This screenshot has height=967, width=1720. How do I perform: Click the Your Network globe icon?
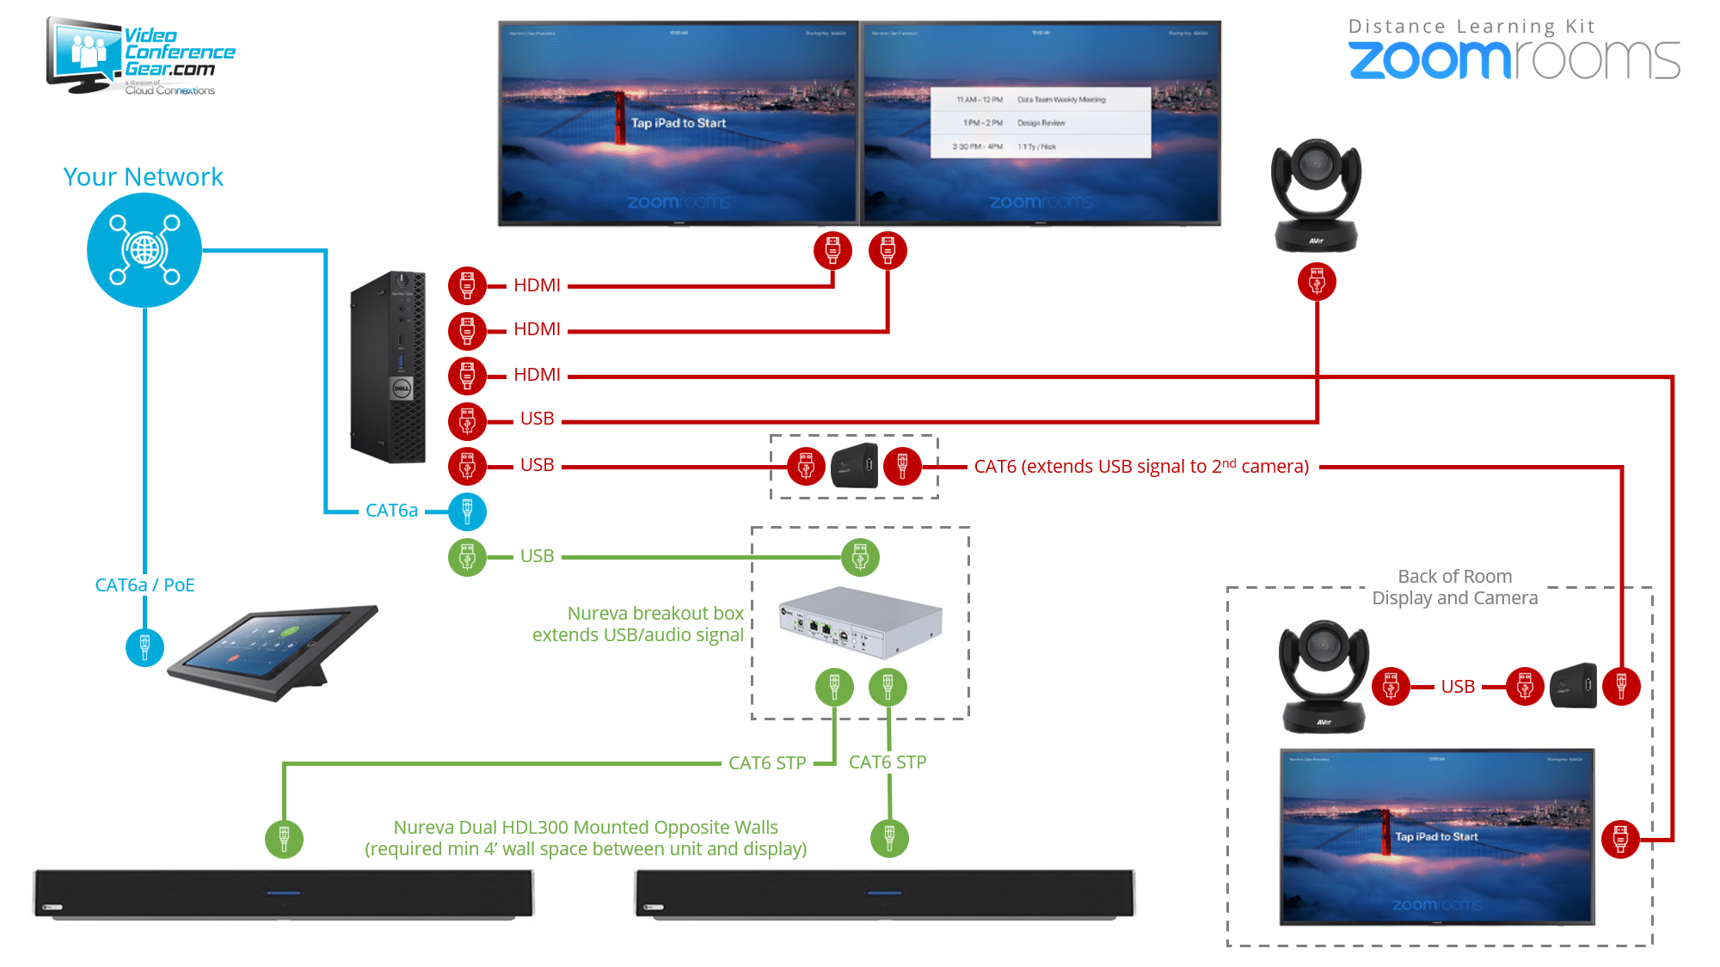(x=144, y=250)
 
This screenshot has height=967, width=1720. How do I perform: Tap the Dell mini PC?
(x=389, y=367)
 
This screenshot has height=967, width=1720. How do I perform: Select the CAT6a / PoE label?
(x=144, y=585)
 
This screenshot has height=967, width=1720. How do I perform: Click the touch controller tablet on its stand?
(x=273, y=652)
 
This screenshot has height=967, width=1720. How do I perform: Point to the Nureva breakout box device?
(x=860, y=621)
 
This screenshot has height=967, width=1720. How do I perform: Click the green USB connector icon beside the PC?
(x=467, y=558)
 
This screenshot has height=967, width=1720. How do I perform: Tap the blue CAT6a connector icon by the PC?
(x=467, y=511)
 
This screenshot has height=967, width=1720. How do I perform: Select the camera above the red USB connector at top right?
(x=1316, y=195)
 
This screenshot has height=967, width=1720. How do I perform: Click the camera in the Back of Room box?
(x=1324, y=676)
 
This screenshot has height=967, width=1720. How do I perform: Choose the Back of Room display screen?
(x=1437, y=836)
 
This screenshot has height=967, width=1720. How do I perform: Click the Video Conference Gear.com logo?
(x=142, y=57)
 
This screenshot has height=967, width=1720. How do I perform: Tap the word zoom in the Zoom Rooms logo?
(x=1428, y=60)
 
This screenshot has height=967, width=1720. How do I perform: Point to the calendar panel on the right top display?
(x=1041, y=123)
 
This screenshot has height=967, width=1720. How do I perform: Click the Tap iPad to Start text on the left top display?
(x=679, y=123)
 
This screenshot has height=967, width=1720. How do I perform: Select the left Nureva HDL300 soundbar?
(x=284, y=894)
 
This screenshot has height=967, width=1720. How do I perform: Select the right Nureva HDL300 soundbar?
(x=885, y=894)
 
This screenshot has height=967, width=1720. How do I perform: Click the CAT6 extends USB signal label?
(x=1141, y=467)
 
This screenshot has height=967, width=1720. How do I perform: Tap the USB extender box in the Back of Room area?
(x=1573, y=686)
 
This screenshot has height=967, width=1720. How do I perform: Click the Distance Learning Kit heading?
(x=1471, y=27)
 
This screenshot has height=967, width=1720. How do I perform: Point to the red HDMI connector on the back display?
(x=1620, y=838)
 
